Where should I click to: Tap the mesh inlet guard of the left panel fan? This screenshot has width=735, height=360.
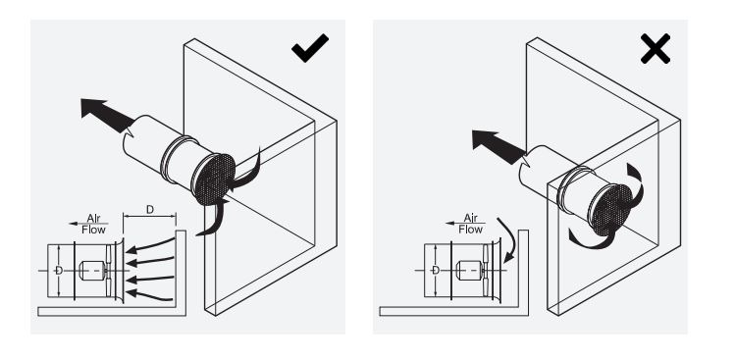(x=213, y=178)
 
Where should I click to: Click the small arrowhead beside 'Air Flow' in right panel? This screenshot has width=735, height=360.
(x=450, y=223)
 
